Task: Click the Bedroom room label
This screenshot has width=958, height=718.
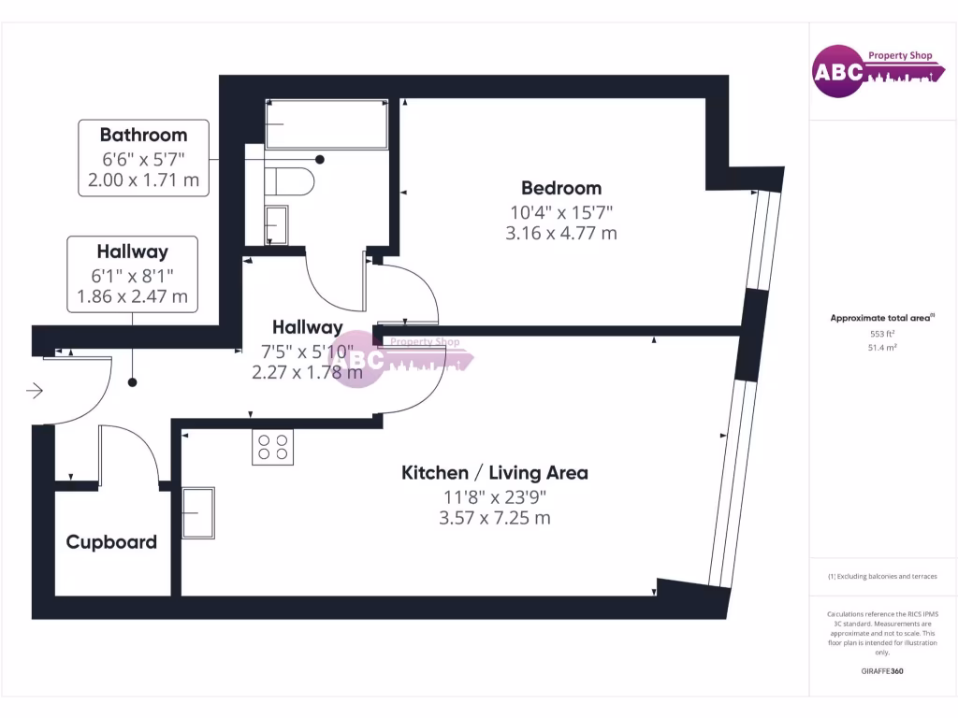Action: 561,188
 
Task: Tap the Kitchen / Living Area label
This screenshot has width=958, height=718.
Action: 495,473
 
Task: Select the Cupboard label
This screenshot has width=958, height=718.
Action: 111,542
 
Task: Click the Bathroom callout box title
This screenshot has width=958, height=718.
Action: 143,135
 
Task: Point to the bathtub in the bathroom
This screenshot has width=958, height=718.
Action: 326,124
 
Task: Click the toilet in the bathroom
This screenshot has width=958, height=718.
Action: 293,180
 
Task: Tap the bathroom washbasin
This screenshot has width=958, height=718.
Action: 277,224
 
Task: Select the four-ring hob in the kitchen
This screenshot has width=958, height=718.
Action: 272,447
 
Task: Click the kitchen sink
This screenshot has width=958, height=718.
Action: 198,512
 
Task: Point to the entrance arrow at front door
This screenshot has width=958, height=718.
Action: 35,390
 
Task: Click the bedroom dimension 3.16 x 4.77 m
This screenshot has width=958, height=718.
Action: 561,233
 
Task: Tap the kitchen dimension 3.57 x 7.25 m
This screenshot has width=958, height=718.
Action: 495,517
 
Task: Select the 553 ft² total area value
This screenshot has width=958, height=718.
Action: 882,334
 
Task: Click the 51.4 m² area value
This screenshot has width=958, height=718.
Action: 882,348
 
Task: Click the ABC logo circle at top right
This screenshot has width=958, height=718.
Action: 837,72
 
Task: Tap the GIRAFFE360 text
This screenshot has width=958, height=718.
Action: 882,671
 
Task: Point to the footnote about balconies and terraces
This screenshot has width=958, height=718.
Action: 882,577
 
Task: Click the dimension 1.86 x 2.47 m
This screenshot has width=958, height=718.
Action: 132,298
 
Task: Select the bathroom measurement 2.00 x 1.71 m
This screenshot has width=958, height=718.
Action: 143,179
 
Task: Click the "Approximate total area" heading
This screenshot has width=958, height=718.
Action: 881,319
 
